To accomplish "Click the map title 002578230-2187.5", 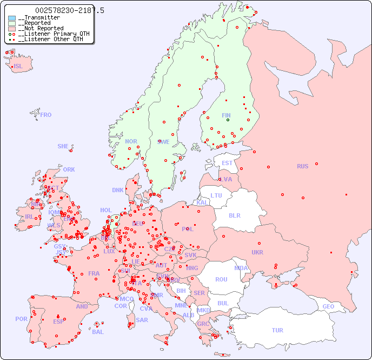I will [69, 10].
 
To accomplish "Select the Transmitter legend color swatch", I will [12, 18].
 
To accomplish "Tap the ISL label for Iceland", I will [18, 67].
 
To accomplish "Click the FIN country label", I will [226, 115].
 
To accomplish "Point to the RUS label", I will [302, 166].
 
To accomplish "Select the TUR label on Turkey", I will [277, 330].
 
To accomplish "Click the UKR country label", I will [257, 252].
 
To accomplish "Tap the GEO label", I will [328, 306].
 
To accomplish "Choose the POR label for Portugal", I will [21, 319].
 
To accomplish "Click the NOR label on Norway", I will [131, 141].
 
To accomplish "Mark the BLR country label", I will [235, 215].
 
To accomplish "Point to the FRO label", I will [46, 115].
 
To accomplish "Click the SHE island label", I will [63, 146].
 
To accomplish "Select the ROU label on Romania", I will [221, 279].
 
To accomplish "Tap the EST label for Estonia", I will [227, 163].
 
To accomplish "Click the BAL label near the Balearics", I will [98, 332].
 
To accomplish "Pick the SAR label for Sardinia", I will [142, 320].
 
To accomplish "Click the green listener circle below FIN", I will [228, 120].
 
